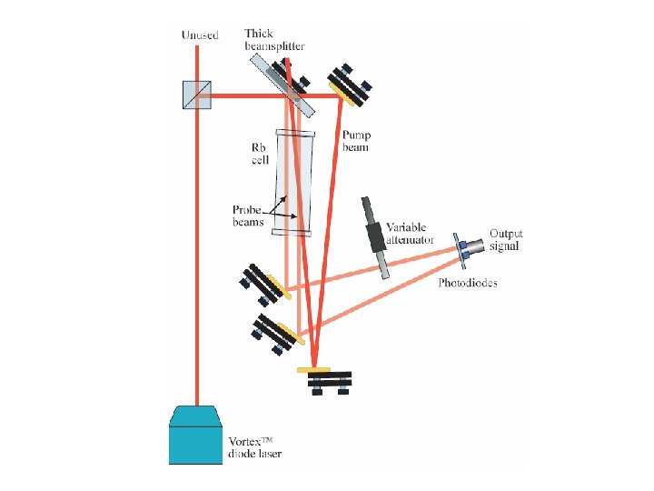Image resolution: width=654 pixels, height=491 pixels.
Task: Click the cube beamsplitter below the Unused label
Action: pos(197,92)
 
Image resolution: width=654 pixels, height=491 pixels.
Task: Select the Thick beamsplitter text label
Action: pos(274,40)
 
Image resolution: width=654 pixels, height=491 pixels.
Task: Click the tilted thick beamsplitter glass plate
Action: pos(283,85)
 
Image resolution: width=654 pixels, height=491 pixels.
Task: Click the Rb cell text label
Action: pos(261,154)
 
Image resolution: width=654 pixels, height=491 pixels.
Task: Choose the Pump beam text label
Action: pos(355,141)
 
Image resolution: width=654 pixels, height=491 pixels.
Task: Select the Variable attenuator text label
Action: pos(411,234)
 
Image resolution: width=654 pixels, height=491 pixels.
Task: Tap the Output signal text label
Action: pos(506,239)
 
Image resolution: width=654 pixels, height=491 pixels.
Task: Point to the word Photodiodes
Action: pos(468,283)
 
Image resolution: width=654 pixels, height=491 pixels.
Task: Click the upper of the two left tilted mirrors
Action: pos(265,284)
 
